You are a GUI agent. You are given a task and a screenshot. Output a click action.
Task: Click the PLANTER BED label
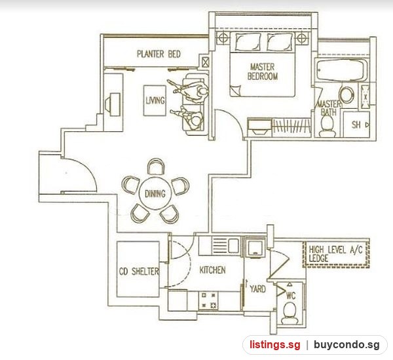click(159, 54)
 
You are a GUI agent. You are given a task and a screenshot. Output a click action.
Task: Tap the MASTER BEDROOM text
click(263, 71)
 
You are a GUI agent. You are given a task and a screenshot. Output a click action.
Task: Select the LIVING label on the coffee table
click(155, 100)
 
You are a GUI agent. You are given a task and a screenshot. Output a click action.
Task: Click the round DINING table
click(155, 193)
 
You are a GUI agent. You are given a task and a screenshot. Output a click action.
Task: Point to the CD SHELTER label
click(139, 271)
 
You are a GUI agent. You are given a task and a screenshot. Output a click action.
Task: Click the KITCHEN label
click(212, 270)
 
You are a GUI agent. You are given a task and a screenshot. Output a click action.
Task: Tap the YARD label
click(258, 289)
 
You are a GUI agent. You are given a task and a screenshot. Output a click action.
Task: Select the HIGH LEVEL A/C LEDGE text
click(335, 254)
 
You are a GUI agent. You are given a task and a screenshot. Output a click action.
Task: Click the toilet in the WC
click(290, 313)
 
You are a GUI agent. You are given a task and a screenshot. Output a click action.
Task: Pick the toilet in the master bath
click(327, 126)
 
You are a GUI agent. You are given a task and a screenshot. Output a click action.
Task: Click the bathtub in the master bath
click(341, 70)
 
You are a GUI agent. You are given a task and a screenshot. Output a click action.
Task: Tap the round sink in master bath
click(346, 95)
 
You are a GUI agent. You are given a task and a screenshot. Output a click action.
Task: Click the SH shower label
click(356, 125)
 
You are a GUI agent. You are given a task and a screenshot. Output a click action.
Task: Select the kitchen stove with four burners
click(208, 300)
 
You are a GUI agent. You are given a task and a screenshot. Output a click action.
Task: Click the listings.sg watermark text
click(274, 345)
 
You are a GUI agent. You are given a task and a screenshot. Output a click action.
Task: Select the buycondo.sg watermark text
click(347, 345)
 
